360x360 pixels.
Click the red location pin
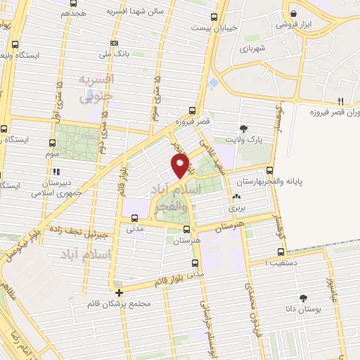point(181,167)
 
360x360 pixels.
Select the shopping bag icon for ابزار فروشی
point(293,13)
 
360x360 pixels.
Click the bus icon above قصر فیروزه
point(193,110)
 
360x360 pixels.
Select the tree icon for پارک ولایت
point(243,128)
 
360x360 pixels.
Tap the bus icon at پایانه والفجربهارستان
point(271,169)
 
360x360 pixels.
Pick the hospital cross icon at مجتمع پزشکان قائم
point(119,292)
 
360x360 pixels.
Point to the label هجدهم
point(73,13)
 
